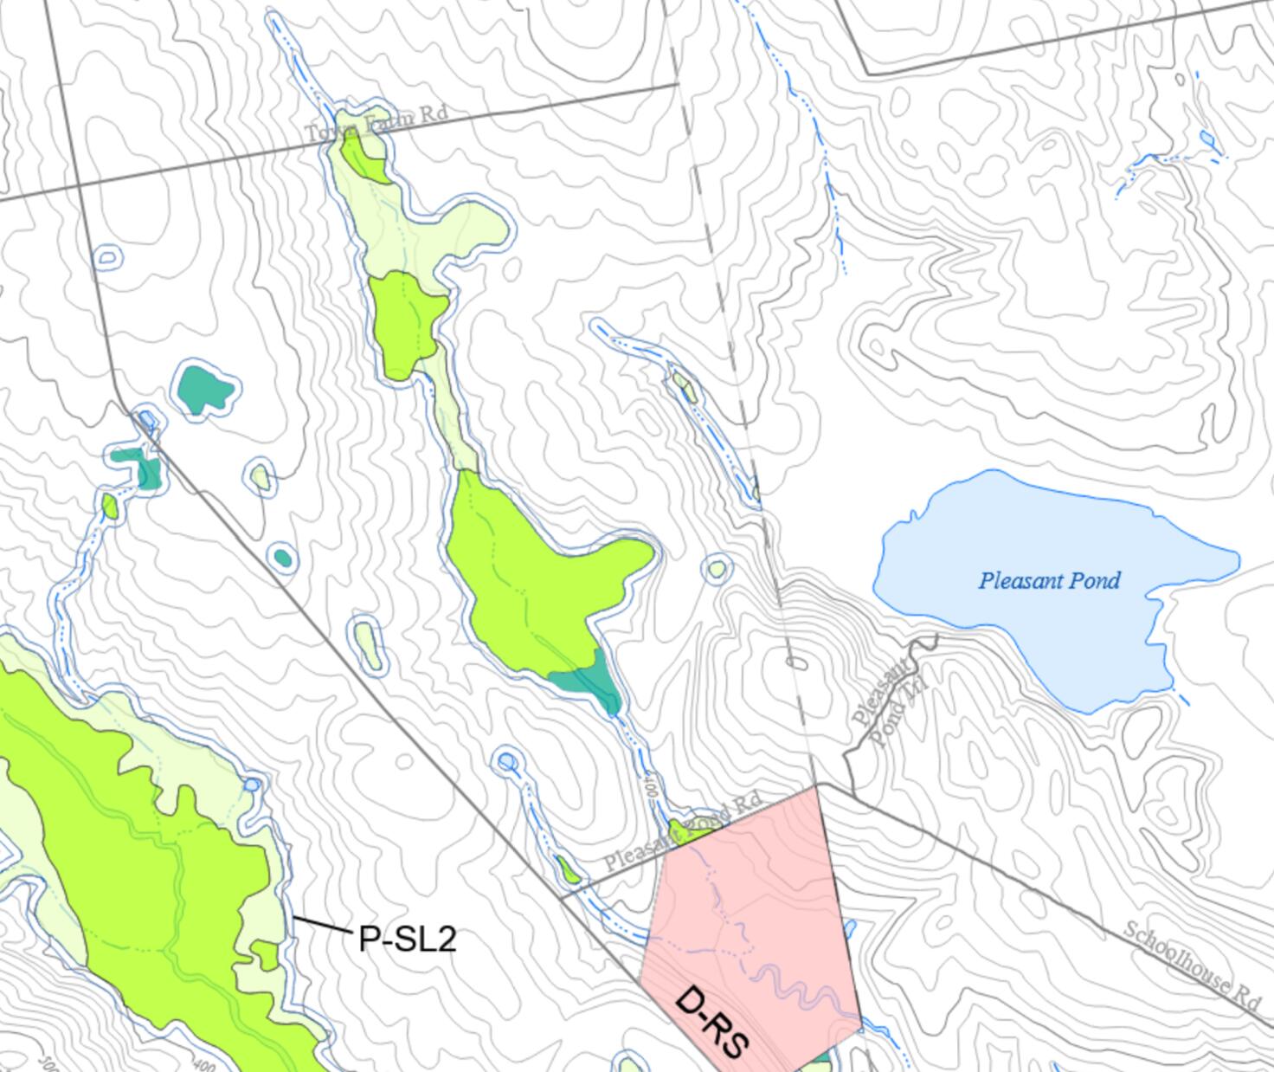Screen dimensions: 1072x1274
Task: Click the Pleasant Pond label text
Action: point(1049,580)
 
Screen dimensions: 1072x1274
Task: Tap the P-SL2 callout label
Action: point(406,939)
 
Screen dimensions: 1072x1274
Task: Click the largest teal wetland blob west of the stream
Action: point(206,389)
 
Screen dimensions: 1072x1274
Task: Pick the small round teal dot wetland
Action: point(282,557)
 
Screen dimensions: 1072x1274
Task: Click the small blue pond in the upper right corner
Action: point(1206,139)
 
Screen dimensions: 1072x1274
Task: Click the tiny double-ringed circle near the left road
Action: point(106,256)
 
